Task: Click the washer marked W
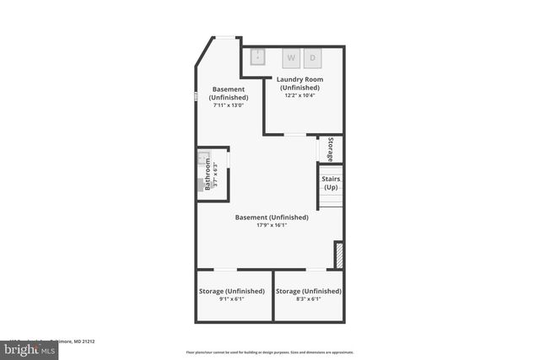click(291, 58)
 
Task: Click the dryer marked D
click(312, 58)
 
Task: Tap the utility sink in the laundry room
click(258, 57)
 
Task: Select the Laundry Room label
click(300, 80)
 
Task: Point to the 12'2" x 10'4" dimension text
click(300, 96)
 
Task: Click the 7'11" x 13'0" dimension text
click(228, 105)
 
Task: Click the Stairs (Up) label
click(330, 183)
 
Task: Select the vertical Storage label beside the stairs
click(331, 148)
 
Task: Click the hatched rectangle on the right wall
click(338, 255)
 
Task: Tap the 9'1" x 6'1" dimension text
click(231, 299)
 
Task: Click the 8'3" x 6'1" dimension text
click(309, 299)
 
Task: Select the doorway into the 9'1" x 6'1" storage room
click(225, 270)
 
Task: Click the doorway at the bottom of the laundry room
click(294, 134)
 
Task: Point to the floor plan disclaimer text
click(270, 352)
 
